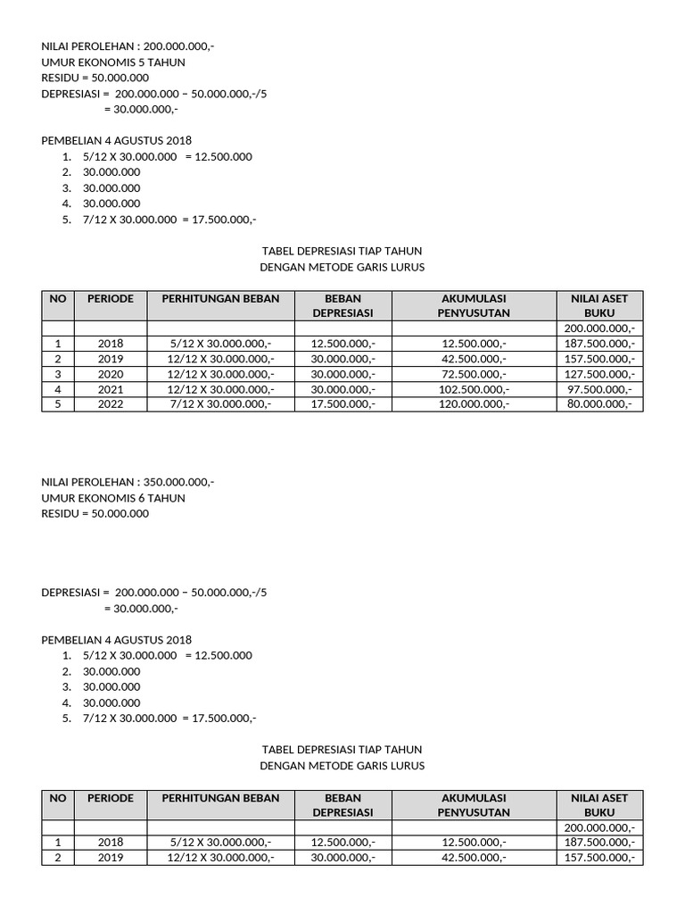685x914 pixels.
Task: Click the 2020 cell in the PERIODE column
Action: pyautogui.click(x=111, y=374)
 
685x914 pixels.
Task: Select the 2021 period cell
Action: pyautogui.click(x=111, y=389)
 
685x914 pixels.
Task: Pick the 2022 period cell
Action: pyautogui.click(x=111, y=404)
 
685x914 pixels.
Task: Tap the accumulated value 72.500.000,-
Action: pyautogui.click(x=474, y=374)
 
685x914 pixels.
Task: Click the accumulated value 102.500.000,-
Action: pyautogui.click(x=474, y=389)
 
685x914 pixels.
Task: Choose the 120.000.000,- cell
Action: pyautogui.click(x=474, y=404)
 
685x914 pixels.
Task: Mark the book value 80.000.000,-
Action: pyautogui.click(x=599, y=404)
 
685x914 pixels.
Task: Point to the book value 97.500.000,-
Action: pyautogui.click(x=599, y=389)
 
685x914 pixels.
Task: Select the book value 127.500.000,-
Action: pyautogui.click(x=599, y=374)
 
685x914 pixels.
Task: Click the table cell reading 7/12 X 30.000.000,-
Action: pyautogui.click(x=220, y=404)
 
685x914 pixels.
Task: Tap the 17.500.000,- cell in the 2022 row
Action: pyautogui.click(x=342, y=404)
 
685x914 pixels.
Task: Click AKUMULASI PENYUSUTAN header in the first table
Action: pyautogui.click(x=474, y=306)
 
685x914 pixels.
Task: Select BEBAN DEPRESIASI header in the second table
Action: pyautogui.click(x=342, y=805)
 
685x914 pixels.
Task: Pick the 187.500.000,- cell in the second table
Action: pyautogui.click(x=599, y=843)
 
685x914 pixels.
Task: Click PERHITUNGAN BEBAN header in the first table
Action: pyautogui.click(x=220, y=299)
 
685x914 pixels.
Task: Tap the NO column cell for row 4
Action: pyautogui.click(x=58, y=389)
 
